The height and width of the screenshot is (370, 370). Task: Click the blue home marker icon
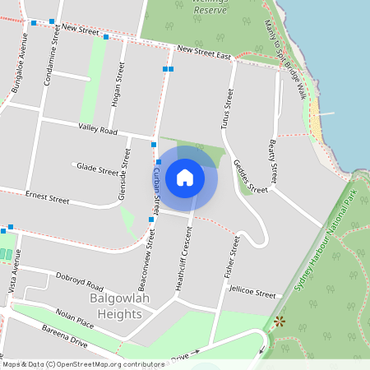tap(185, 177)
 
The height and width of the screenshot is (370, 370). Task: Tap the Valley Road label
tap(99, 128)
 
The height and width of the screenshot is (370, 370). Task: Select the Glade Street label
tap(97, 169)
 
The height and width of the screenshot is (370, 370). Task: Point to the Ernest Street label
tap(47, 197)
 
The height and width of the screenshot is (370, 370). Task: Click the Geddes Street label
tap(250, 176)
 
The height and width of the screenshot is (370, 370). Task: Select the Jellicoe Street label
tap(252, 293)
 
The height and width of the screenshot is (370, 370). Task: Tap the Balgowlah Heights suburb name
tap(121, 308)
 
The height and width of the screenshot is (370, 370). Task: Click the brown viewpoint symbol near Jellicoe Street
tap(280, 321)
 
